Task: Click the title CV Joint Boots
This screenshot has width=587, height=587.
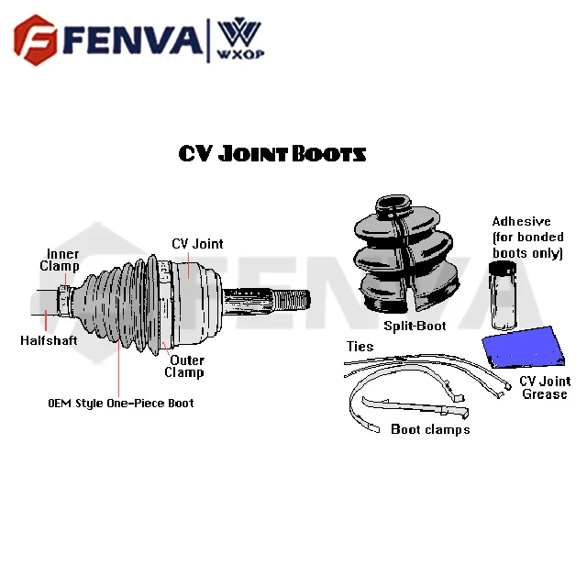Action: [272, 153]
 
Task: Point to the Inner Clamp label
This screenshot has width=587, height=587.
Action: [60, 260]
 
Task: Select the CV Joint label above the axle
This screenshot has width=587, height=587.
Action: [197, 244]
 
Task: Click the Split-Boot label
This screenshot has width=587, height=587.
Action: [414, 326]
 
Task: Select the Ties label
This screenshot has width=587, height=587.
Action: [360, 347]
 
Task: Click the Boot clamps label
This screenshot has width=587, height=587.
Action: [429, 429]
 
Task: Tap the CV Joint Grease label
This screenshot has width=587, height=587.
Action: [544, 387]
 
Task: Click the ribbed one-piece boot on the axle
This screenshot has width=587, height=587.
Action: [120, 303]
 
